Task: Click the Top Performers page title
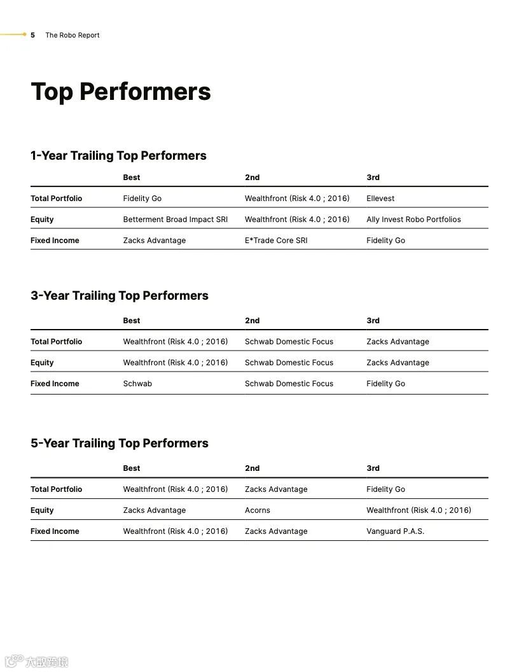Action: (x=121, y=92)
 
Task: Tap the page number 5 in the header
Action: (x=32, y=35)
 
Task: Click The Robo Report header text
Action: (x=73, y=35)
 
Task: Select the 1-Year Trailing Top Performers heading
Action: (x=118, y=156)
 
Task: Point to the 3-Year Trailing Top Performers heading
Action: (x=120, y=296)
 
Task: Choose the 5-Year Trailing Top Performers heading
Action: (x=120, y=444)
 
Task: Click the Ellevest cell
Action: (x=380, y=199)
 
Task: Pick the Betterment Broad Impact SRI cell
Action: (x=175, y=220)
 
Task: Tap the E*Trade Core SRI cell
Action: (x=276, y=241)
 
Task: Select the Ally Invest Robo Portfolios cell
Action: (x=413, y=220)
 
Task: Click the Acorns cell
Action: (x=258, y=510)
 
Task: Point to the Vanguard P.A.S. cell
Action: (x=395, y=531)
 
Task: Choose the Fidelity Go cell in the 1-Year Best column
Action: (x=142, y=199)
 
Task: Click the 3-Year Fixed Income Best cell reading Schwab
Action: (x=137, y=384)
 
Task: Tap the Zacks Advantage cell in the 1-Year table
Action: (x=155, y=241)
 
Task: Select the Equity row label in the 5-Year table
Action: (x=42, y=510)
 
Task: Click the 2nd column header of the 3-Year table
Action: (x=253, y=321)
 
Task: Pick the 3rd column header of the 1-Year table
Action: (x=373, y=178)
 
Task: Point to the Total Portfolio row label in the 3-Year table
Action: (x=57, y=342)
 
